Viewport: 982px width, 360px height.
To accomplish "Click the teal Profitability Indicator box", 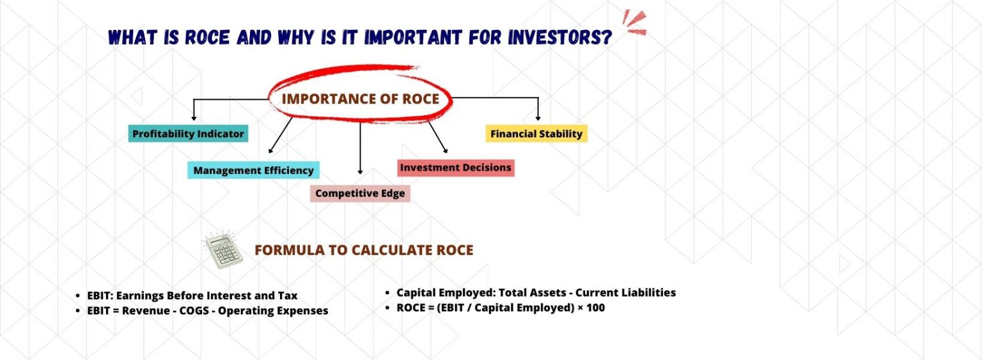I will coord(188,134).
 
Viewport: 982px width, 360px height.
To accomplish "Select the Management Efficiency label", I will coord(253,170).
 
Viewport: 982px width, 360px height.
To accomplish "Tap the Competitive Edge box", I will coord(360,193).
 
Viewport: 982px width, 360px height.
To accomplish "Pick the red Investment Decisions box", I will coord(455,168).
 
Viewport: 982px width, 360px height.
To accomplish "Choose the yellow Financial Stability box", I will coord(536,134).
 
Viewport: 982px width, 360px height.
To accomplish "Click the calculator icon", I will coord(222,251).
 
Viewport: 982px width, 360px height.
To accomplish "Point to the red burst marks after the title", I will coord(634,24).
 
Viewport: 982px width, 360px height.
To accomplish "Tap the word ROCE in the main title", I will coord(207,38).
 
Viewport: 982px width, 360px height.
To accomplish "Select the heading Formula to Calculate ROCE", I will coord(364,250).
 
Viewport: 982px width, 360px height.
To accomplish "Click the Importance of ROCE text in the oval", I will coord(361,98).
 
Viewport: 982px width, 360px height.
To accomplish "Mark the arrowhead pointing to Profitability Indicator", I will coord(193,118).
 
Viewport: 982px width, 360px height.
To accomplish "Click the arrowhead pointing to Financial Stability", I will coord(538,118).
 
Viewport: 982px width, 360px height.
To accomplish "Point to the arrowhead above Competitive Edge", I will coord(360,171).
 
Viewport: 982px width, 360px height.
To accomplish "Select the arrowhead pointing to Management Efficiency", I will coord(270,151).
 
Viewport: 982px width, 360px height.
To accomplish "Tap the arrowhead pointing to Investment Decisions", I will coord(445,151).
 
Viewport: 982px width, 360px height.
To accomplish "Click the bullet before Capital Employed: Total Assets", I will coord(387,293).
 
